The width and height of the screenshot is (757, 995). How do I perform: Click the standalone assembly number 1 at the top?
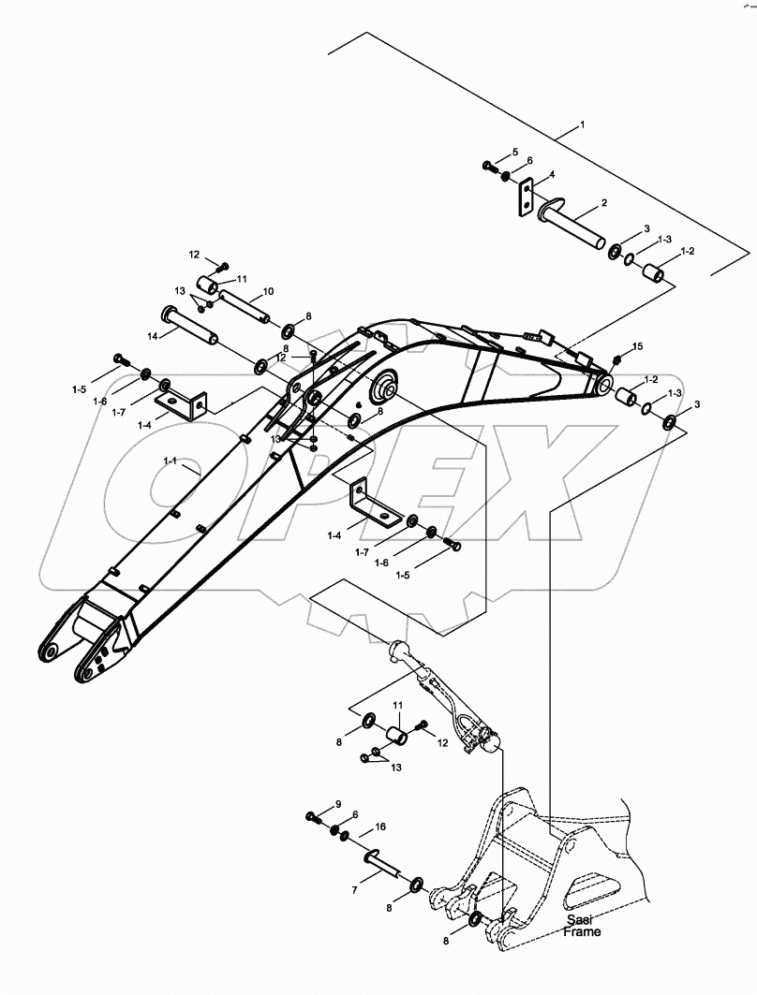point(582,124)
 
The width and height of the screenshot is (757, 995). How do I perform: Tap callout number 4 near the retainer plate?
point(552,176)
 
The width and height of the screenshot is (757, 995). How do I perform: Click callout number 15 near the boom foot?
point(637,347)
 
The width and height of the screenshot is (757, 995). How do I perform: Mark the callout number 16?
point(380,827)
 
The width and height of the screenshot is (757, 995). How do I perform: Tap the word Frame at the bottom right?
point(582,932)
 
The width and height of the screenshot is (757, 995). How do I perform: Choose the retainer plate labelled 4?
point(525,198)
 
